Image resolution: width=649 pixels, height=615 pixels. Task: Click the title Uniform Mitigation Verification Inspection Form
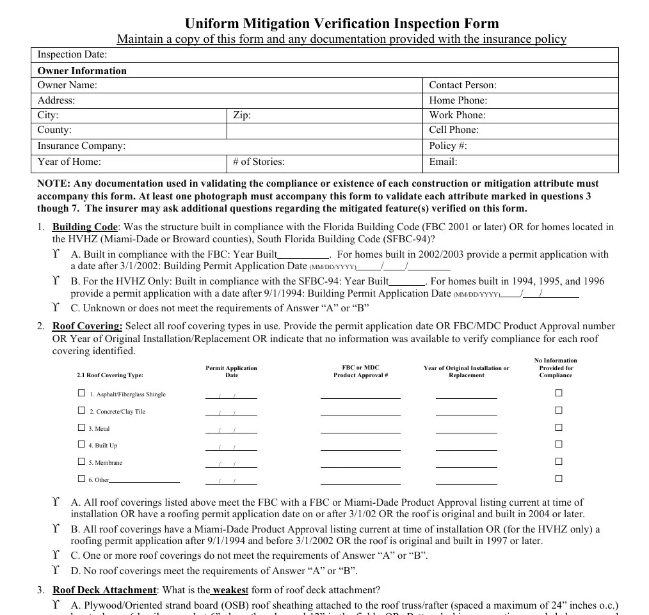[x=342, y=24]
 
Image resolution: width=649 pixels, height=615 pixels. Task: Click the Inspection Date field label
[x=72, y=55]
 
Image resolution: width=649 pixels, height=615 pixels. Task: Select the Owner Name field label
[x=67, y=85]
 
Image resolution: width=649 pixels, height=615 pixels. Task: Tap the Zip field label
[x=241, y=115]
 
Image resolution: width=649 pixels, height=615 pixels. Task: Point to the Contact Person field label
[x=462, y=85]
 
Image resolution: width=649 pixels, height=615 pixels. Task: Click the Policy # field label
[x=447, y=146]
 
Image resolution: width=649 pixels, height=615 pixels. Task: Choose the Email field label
[x=443, y=162]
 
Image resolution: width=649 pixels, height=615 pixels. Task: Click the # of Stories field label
[x=259, y=162]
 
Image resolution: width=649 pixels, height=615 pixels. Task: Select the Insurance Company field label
[x=81, y=146]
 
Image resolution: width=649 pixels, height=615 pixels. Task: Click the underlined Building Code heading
[x=85, y=227]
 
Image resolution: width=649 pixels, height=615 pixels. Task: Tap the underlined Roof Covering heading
[x=87, y=326]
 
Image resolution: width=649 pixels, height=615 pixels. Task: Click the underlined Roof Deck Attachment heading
[x=104, y=590]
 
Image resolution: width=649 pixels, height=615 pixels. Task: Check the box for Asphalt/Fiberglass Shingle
[x=81, y=393]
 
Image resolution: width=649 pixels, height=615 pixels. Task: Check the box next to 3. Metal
[x=81, y=428]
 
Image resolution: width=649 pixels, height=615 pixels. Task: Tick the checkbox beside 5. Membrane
[x=81, y=462]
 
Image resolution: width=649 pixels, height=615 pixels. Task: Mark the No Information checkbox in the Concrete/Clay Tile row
[x=558, y=410]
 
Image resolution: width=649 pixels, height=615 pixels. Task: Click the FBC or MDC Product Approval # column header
[x=360, y=371]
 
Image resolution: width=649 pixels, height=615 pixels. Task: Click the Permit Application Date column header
[x=231, y=371]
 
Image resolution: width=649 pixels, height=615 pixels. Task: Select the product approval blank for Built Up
[x=360, y=448]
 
